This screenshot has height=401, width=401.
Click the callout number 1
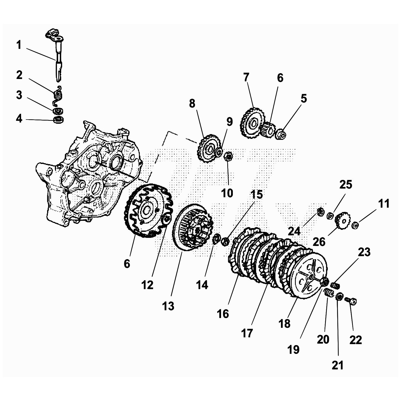click(x=19, y=45)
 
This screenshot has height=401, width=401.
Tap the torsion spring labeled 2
click(x=58, y=95)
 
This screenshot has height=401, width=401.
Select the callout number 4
click(x=19, y=119)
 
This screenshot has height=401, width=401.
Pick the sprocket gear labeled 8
click(x=207, y=148)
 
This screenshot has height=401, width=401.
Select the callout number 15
click(x=256, y=194)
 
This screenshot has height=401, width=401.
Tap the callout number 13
click(x=168, y=306)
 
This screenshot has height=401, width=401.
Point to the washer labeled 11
click(x=355, y=225)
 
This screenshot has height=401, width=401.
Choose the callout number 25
click(x=346, y=184)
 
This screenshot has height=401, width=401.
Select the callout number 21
click(x=337, y=365)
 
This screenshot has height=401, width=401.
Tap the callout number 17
click(x=247, y=333)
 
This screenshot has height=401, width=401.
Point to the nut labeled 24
click(x=320, y=212)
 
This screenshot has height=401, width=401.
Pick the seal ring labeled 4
click(x=59, y=119)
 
